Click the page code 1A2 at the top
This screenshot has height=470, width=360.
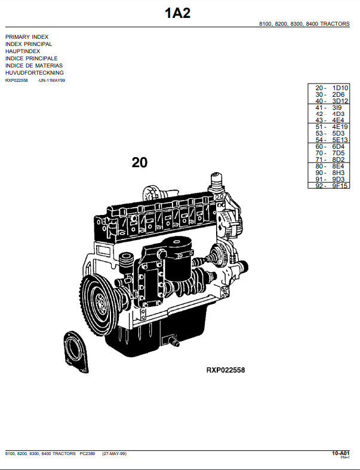point(178,13)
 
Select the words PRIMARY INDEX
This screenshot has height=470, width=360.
point(27,37)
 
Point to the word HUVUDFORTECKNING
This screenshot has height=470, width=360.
point(35,73)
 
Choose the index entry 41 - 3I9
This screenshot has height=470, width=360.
point(330,107)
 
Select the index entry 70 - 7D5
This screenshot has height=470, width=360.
point(330,153)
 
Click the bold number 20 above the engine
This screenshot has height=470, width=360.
point(140,162)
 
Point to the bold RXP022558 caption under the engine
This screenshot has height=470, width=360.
point(226,370)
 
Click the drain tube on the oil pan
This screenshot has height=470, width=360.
point(175,342)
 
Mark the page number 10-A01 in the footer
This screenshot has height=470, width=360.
point(340,454)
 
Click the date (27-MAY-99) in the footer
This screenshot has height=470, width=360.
point(114,454)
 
